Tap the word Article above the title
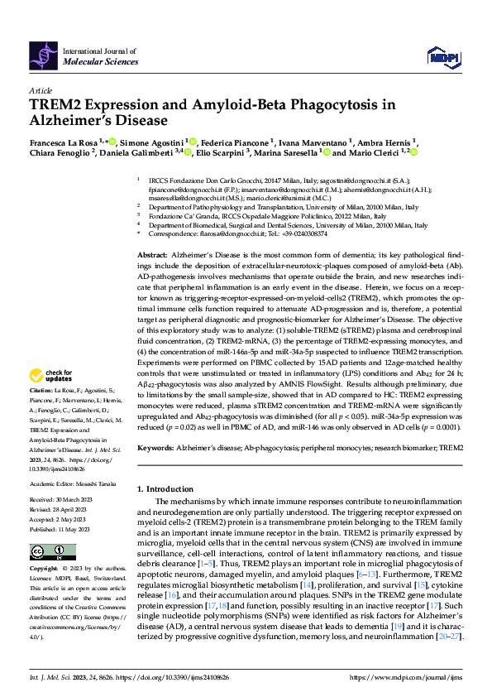[40, 90]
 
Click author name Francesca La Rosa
[63, 142]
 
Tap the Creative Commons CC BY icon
[42, 550]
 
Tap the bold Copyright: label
[43, 570]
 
